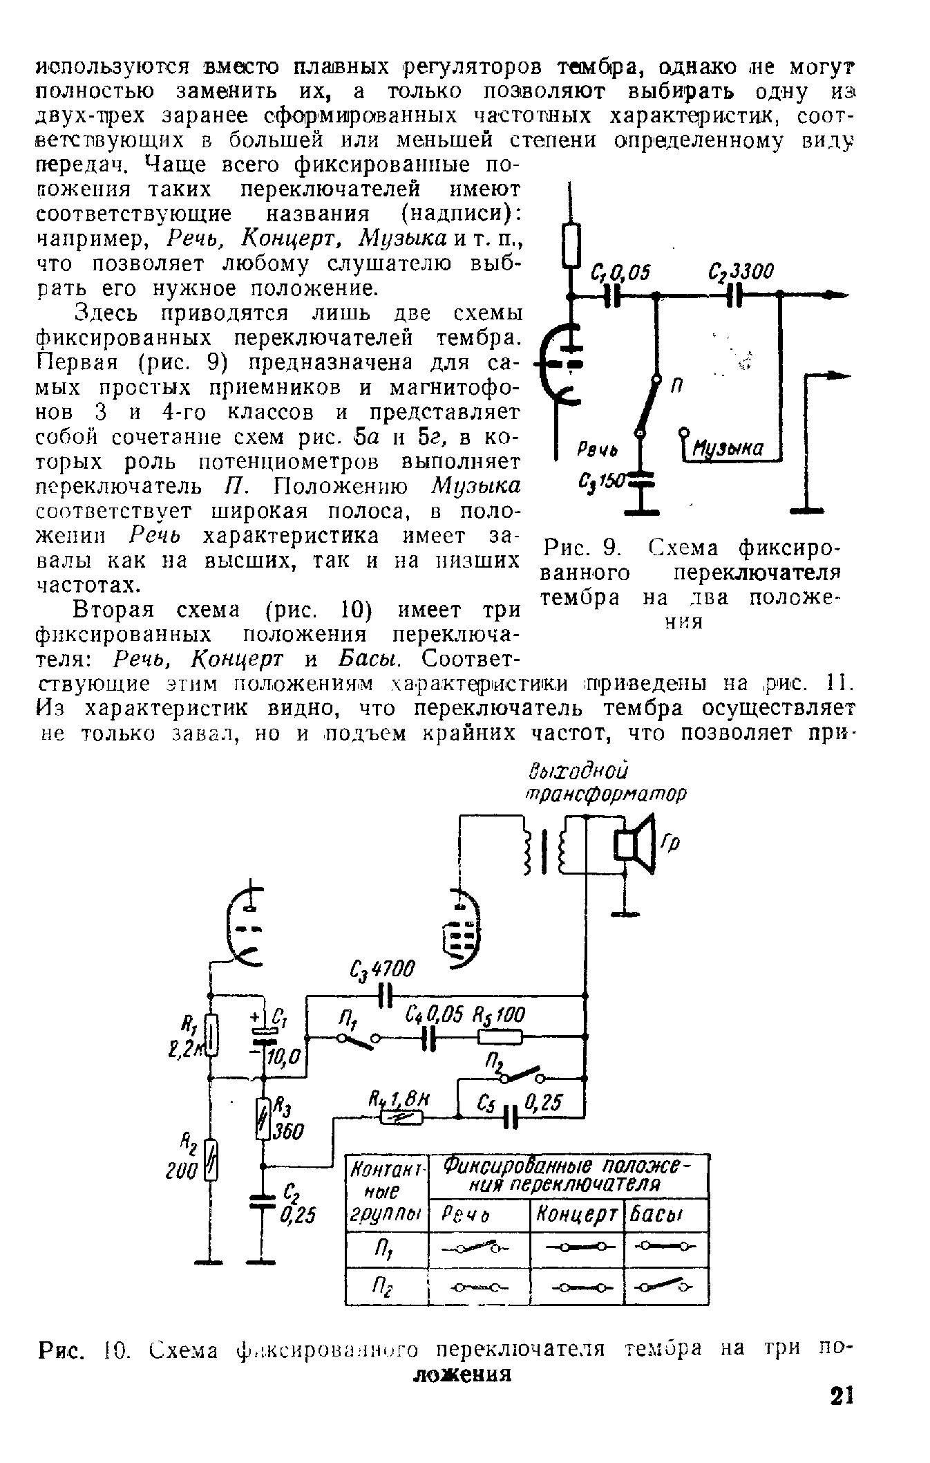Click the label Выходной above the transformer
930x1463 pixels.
(579, 770)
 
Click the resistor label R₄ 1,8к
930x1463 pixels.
(399, 1098)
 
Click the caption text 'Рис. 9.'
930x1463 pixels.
(578, 549)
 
